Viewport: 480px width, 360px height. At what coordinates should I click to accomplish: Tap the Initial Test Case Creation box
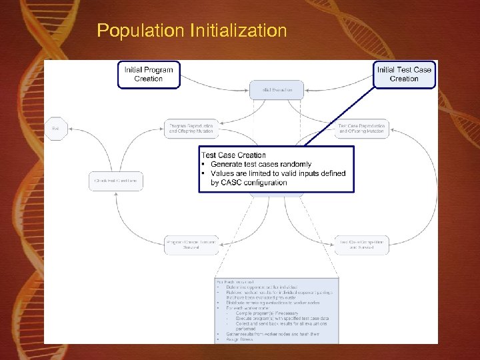click(404, 74)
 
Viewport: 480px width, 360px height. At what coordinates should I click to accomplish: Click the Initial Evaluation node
click(277, 89)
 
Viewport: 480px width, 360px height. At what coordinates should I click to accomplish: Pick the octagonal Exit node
click(55, 128)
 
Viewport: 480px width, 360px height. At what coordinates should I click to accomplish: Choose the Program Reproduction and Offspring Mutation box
click(191, 129)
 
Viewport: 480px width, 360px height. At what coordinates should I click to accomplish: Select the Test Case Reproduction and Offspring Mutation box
click(361, 129)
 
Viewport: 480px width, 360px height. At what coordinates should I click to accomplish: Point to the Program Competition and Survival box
click(191, 245)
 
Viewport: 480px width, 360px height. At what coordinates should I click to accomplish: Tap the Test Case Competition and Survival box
click(361, 245)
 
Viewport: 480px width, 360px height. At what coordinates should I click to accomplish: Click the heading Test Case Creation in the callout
click(233, 155)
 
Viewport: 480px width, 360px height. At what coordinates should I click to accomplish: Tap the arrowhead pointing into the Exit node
click(67, 129)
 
